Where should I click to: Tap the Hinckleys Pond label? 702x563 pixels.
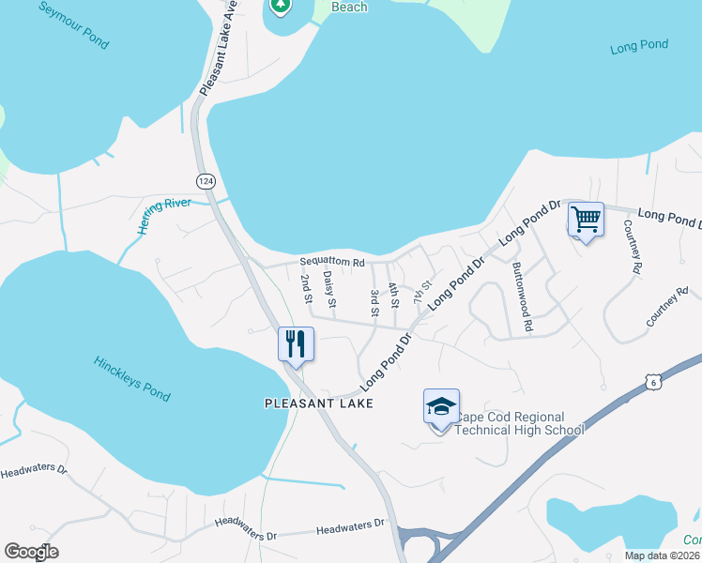point(132,378)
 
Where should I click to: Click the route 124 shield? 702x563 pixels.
point(205,179)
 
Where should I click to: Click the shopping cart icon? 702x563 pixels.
point(586,221)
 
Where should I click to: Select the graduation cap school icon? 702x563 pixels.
point(441,406)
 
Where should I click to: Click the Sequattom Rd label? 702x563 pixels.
point(331,263)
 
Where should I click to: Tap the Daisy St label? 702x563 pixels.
point(329,290)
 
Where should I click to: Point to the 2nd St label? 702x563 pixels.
point(306,289)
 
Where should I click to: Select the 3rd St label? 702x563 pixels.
point(374,302)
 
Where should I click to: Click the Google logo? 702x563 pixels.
point(31,552)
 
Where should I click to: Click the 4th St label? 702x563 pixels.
point(394,297)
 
